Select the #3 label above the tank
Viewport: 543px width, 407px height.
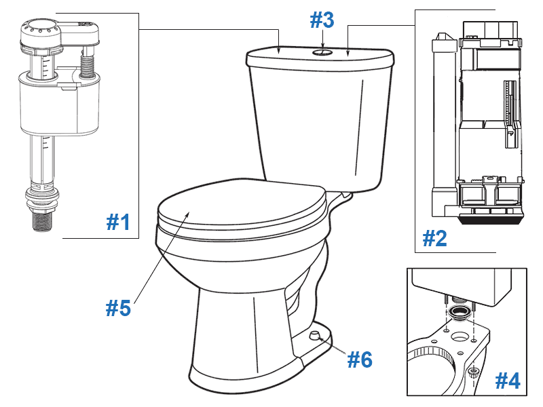[x=322, y=20]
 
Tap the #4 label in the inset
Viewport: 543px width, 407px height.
[x=507, y=381]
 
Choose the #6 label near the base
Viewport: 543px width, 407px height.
[x=359, y=359]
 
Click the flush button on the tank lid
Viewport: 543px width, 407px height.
[x=322, y=51]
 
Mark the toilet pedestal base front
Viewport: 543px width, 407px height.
[x=238, y=353]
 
